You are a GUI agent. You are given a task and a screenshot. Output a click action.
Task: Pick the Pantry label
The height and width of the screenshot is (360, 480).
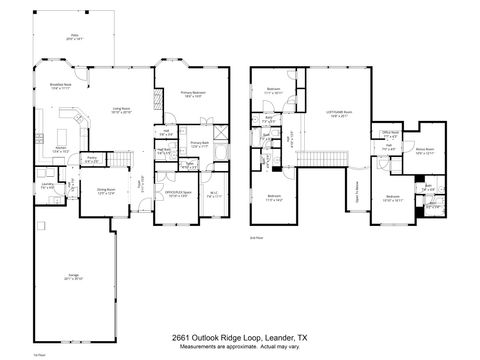pos(90,158)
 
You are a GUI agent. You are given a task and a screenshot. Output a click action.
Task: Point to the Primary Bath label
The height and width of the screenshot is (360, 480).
pos(197,144)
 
